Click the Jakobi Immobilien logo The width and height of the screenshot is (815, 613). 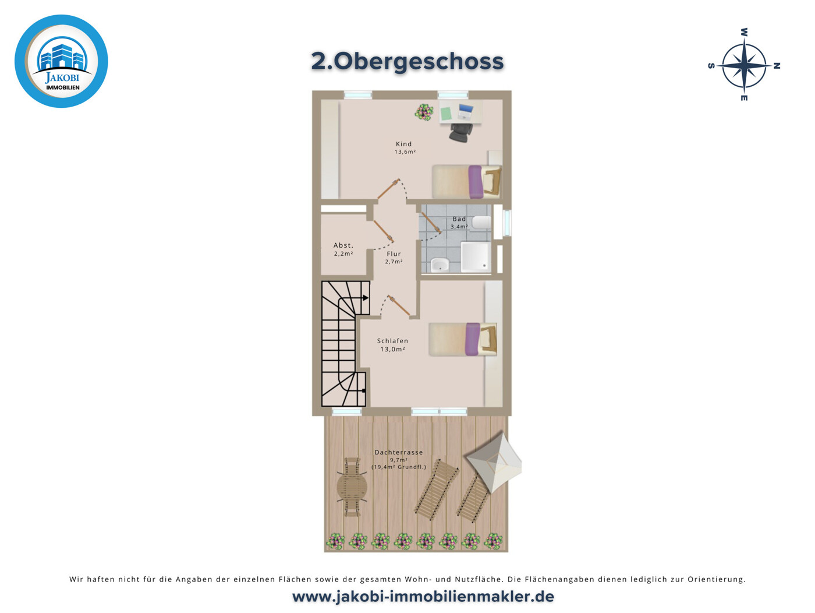(x=61, y=61)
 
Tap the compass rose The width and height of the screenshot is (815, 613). (x=744, y=66)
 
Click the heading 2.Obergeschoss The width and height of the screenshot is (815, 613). (x=407, y=61)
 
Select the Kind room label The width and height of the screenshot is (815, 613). (x=404, y=147)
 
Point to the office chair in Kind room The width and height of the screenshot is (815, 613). (x=461, y=132)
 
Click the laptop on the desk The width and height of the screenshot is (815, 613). (x=466, y=110)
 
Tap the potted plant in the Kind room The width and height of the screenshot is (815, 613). (x=424, y=111)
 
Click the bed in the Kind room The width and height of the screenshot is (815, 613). (x=466, y=181)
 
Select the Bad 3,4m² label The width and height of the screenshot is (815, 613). (x=459, y=223)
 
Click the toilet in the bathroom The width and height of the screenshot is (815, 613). (x=482, y=222)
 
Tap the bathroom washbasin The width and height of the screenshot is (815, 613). (x=440, y=265)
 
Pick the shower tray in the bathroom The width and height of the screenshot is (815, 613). (x=476, y=257)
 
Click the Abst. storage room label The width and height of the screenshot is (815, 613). (x=343, y=249)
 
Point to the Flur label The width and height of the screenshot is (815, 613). (x=394, y=258)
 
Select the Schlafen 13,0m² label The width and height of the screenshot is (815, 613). (x=393, y=345)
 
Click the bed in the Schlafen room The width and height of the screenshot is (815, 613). (x=463, y=339)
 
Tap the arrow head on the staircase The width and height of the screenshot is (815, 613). (x=366, y=298)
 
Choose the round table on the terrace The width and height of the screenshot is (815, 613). (x=352, y=487)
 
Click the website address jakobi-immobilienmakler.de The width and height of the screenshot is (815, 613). (x=423, y=597)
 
